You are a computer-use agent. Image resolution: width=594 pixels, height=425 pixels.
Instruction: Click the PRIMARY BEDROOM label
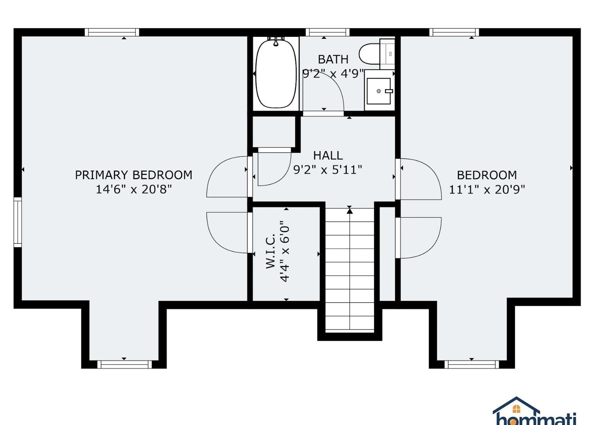pos(134,175)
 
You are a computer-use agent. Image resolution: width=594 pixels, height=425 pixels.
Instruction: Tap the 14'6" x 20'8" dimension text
pos(134,190)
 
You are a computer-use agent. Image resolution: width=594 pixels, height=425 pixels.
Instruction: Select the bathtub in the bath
pos(276,74)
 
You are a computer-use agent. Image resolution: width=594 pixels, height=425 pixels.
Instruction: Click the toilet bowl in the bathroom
pos(369,54)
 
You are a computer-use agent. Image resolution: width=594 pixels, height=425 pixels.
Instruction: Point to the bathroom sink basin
pos(379,91)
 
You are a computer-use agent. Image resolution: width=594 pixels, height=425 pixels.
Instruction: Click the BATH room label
pos(333,59)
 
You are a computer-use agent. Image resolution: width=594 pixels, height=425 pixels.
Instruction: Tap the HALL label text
pos(328,156)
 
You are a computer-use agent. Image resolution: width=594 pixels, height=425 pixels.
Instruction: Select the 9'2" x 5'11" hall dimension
pos(327,170)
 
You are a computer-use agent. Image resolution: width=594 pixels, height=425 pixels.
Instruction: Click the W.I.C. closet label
pos(270,251)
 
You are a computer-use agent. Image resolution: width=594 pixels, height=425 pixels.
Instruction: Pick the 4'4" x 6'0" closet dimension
pos(284,251)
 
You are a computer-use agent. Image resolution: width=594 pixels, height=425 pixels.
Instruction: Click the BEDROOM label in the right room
pos(487,175)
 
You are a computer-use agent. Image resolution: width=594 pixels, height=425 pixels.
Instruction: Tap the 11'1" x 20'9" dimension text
pos(487,190)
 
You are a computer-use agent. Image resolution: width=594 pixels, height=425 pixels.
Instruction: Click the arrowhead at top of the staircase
pos(350,211)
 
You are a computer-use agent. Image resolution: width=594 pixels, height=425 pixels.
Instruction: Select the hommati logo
pos(534,412)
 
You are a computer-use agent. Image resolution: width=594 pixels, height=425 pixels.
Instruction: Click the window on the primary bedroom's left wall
pos(17,222)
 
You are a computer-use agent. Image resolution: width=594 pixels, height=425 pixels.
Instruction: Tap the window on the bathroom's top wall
pos(327,32)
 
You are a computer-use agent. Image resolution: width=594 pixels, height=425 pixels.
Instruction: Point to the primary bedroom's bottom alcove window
pos(124,364)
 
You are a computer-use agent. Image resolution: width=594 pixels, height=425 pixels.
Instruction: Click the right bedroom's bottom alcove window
pos(471,364)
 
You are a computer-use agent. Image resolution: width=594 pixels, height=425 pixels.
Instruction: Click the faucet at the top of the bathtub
pos(276,42)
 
